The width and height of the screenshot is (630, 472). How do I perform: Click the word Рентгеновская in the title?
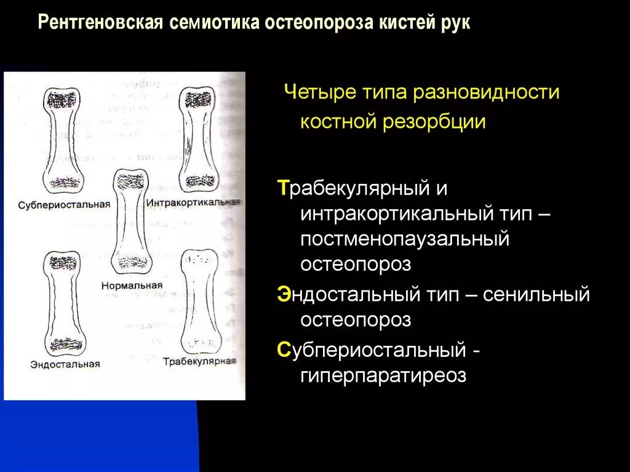pos(100,23)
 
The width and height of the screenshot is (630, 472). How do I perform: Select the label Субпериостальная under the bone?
pos(64,205)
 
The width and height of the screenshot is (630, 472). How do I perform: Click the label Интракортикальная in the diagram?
pos(193,202)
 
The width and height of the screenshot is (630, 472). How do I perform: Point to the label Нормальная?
pos(132,286)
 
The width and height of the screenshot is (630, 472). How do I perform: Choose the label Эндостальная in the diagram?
pos(65,364)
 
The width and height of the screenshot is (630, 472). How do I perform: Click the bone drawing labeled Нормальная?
pos(132,221)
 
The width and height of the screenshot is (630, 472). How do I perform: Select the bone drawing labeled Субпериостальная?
pos(63,141)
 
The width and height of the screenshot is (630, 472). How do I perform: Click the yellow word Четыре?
pos(320,92)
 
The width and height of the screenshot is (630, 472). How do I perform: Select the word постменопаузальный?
pos(405,239)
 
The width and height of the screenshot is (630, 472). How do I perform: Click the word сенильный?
pos(536,294)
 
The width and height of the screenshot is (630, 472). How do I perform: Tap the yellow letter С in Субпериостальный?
pos(283,350)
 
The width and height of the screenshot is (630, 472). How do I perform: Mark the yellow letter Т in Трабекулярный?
pos(283,188)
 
